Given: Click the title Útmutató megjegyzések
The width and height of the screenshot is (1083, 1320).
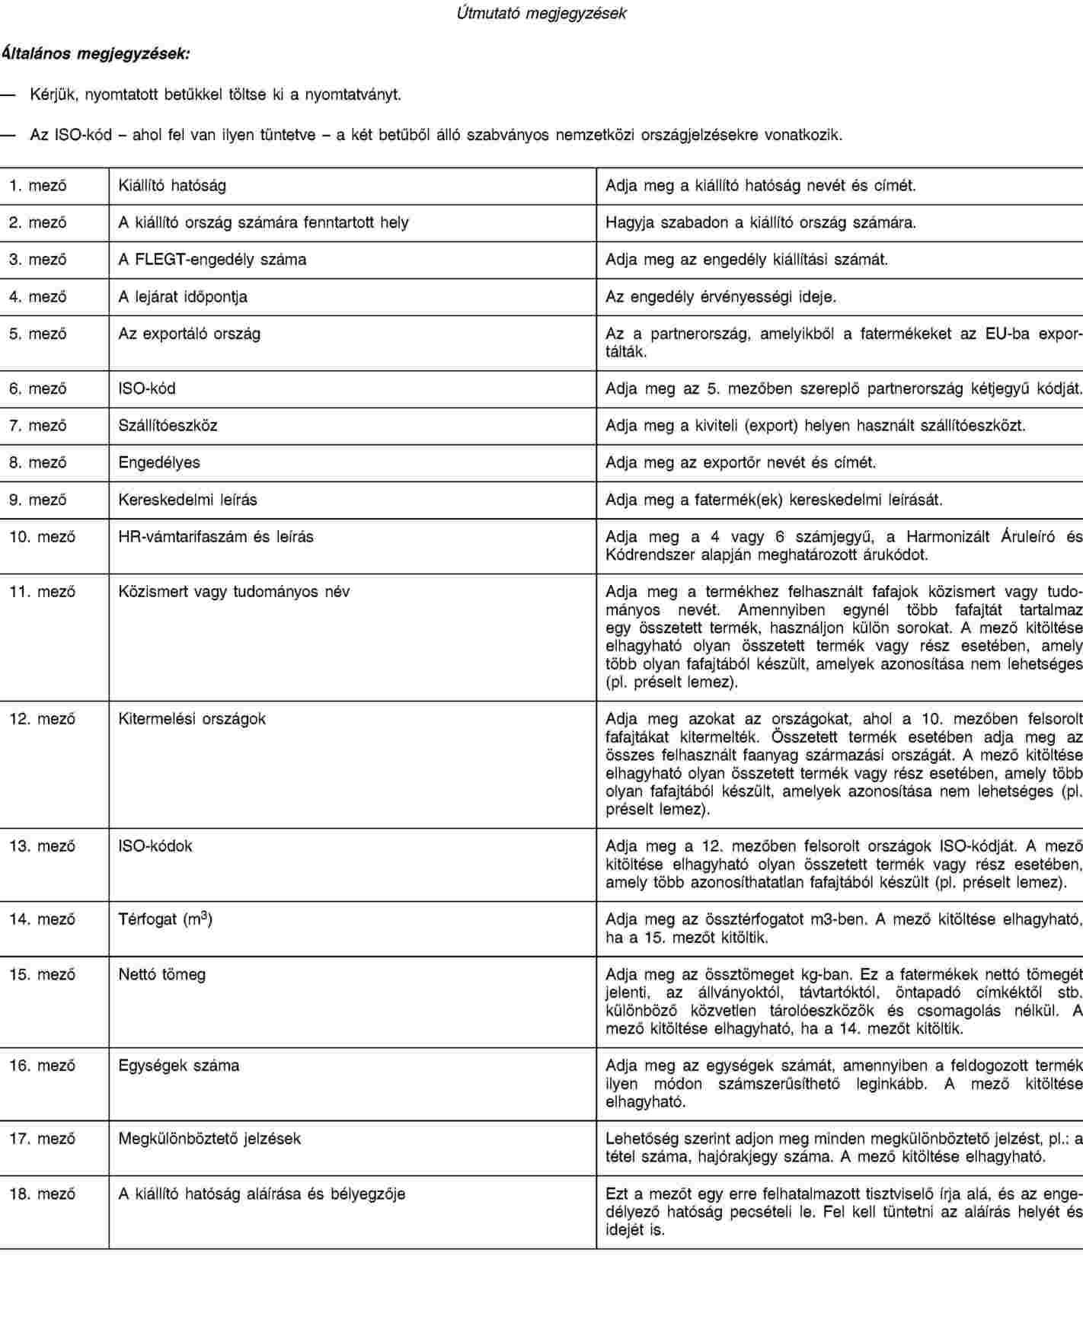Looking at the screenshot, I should click(541, 14).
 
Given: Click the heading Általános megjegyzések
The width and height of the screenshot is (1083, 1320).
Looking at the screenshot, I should click(97, 54).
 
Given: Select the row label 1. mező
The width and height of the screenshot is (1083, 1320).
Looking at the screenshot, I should click(38, 185).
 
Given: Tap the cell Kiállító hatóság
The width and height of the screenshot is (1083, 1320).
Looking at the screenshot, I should click(172, 185).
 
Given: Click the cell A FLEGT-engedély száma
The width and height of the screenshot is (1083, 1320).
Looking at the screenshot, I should click(212, 259).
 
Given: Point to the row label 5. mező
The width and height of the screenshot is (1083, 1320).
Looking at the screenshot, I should click(38, 334).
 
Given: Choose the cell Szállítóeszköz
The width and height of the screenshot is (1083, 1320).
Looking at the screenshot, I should click(168, 425).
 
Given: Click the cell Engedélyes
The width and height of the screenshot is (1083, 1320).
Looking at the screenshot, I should click(159, 462).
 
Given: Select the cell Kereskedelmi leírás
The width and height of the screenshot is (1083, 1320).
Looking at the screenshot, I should click(187, 500).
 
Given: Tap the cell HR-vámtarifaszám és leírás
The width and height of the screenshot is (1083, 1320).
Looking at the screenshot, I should click(216, 536).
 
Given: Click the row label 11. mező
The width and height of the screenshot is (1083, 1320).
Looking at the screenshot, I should click(43, 591).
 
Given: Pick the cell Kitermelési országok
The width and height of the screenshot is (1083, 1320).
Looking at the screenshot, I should click(192, 718).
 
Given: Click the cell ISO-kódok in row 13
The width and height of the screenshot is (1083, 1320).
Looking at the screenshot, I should click(155, 845).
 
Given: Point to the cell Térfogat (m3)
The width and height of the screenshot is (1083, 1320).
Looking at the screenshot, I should click(165, 919).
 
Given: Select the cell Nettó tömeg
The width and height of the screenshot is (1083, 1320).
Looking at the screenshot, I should click(161, 974).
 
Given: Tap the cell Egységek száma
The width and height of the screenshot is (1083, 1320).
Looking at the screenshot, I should click(179, 1066).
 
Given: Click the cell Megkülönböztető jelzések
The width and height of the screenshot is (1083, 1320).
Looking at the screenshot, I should click(209, 1139).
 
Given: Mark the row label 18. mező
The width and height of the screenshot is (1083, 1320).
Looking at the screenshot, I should click(43, 1194).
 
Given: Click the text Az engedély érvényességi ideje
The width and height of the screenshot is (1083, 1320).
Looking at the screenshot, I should click(720, 296).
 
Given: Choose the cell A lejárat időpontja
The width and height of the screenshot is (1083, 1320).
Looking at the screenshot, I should click(183, 296).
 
